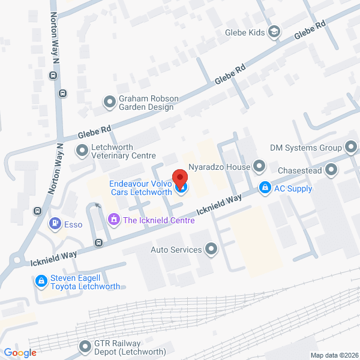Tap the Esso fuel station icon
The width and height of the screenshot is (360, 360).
click(55, 224)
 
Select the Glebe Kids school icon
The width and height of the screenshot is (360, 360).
click(274, 32)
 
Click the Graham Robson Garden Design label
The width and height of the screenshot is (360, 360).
click(145, 103)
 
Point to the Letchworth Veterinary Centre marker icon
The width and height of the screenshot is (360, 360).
click(81, 150)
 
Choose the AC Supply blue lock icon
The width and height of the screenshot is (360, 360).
click(264, 188)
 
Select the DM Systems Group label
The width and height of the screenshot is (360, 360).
click(305, 148)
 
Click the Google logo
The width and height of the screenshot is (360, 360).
click(20, 353)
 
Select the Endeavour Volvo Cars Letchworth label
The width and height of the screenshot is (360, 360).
click(140, 188)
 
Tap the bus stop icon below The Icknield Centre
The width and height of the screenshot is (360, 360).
click(98, 243)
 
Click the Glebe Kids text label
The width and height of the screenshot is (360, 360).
click(245, 32)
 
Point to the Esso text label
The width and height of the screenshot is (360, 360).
click(73, 224)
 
